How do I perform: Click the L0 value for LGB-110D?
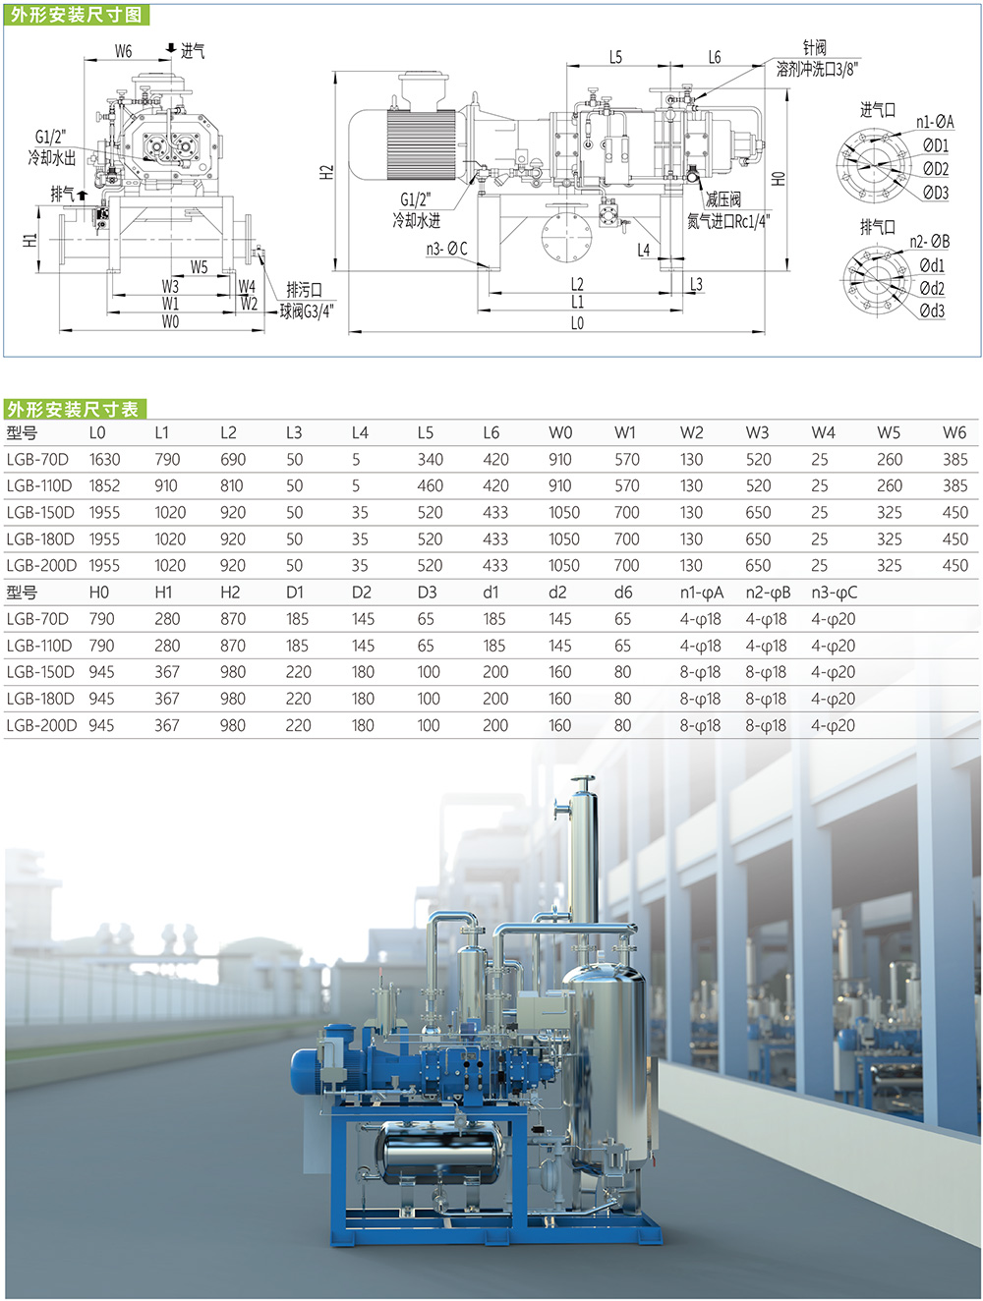[x=104, y=485]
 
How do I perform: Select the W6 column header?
[x=954, y=432]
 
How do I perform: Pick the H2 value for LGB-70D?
[x=232, y=619]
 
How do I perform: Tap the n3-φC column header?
[x=835, y=593]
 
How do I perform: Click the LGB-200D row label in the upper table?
[x=41, y=565]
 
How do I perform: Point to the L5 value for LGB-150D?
[x=430, y=512]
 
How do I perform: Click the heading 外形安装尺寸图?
[x=76, y=14]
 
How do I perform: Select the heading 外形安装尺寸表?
[x=73, y=409]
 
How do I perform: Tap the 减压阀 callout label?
[x=723, y=199]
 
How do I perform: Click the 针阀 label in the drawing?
[x=815, y=48]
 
